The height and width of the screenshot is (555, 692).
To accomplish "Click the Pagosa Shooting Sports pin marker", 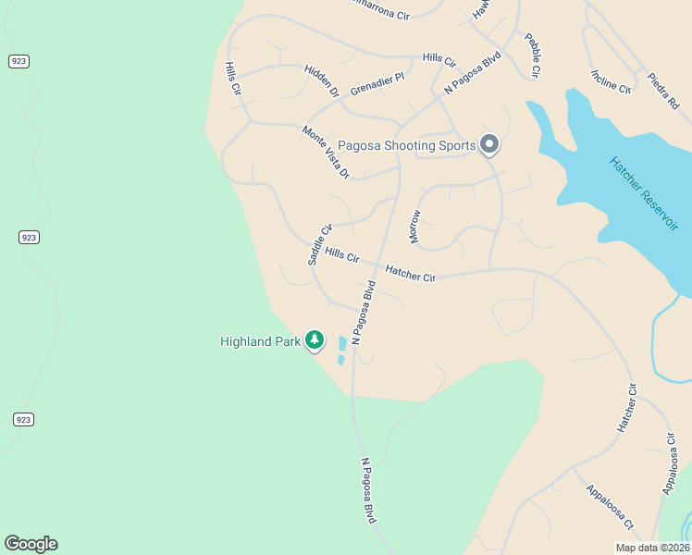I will click(x=489, y=145).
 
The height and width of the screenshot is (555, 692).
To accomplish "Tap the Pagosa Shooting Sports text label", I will click(x=406, y=145).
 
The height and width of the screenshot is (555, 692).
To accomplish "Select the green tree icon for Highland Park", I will click(x=315, y=341).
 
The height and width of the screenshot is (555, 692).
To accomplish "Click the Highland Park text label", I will click(x=260, y=341).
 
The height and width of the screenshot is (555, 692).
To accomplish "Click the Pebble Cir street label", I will click(x=532, y=55).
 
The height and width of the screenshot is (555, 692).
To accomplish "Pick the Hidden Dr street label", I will click(x=322, y=80).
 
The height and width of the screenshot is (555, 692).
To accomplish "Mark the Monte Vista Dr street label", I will click(x=326, y=152).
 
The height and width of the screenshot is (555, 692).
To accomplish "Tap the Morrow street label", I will click(x=414, y=227).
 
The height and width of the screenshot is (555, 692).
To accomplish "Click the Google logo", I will click(x=31, y=544).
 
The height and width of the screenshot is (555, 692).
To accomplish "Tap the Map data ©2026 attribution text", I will click(x=651, y=548).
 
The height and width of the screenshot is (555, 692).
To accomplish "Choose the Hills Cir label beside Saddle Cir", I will click(x=341, y=254).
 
